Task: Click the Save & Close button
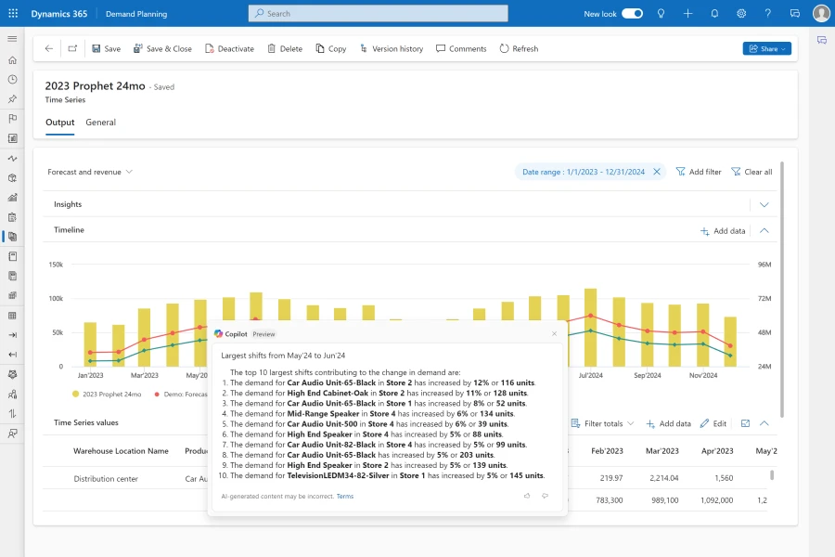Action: pyautogui.click(x=162, y=48)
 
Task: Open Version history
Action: pyautogui.click(x=391, y=48)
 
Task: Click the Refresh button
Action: pyautogui.click(x=519, y=48)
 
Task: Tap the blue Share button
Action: pyautogui.click(x=766, y=48)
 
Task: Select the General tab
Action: pyautogui.click(x=100, y=123)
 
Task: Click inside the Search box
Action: pyautogui.click(x=378, y=14)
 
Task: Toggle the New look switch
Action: pyautogui.click(x=632, y=14)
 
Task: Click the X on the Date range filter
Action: pyautogui.click(x=657, y=172)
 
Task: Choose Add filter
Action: pyautogui.click(x=699, y=172)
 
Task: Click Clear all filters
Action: pyautogui.click(x=751, y=172)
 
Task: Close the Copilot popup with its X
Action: pyautogui.click(x=555, y=333)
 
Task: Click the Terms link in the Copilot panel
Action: pyautogui.click(x=344, y=497)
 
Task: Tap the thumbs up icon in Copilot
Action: pyautogui.click(x=527, y=497)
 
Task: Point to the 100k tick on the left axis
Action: pyautogui.click(x=55, y=299)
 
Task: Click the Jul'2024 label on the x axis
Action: pyautogui.click(x=590, y=376)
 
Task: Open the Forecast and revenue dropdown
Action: pyautogui.click(x=90, y=172)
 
